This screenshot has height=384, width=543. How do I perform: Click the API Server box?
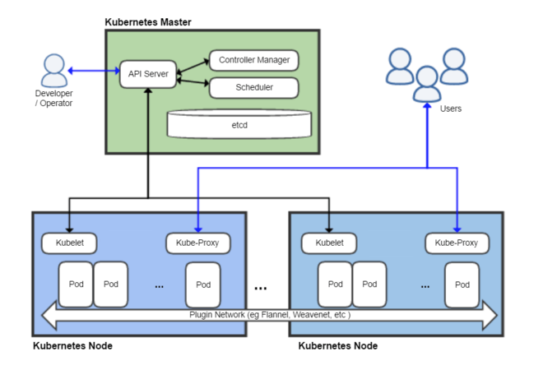point(148,74)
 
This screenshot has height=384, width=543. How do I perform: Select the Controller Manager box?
point(253,60)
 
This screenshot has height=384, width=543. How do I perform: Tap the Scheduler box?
point(253,87)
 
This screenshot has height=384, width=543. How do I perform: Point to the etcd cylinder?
point(239,124)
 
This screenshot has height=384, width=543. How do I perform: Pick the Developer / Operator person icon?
point(54,71)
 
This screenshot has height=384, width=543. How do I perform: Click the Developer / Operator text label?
point(53,98)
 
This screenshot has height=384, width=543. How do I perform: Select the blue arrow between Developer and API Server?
point(94,71)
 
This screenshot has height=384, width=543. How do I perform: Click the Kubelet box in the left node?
point(69,243)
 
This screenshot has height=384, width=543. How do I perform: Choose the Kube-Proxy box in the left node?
point(197,243)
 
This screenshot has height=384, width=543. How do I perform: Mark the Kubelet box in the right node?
point(328,243)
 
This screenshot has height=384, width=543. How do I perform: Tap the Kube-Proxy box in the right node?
point(457,243)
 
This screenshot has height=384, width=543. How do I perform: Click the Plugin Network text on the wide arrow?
point(270,314)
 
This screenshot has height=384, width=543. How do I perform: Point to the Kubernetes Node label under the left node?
point(72,346)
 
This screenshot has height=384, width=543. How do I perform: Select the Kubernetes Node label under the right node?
point(337,346)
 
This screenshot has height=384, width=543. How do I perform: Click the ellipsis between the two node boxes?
point(261,289)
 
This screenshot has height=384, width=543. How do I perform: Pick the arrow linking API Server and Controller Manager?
point(193,66)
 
